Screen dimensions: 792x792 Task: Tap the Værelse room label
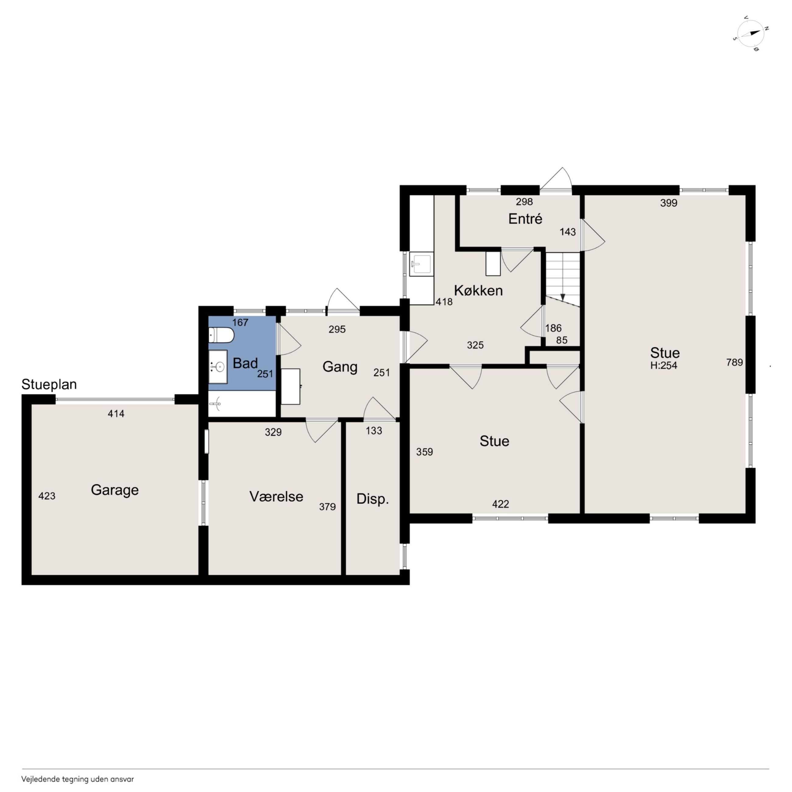pos(276,497)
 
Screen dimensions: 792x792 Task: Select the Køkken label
pos(478,291)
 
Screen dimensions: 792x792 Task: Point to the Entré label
pos(525,219)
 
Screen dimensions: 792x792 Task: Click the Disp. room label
pos(373,499)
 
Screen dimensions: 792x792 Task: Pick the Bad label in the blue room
pos(245,363)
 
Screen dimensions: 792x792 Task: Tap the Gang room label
pos(340,367)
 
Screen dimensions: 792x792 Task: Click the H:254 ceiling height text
pos(664,366)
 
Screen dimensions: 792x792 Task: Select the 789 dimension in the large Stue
pos(735,362)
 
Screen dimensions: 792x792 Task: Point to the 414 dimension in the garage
pos(116,414)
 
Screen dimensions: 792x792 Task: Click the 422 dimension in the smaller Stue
pos(500,504)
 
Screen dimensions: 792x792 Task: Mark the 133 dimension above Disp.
pos(374,431)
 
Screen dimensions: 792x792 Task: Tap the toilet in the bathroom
pos(221,337)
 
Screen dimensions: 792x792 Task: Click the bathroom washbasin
pos(218,367)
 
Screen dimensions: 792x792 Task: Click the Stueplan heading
pos(49,384)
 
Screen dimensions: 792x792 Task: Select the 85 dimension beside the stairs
pos(562,340)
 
